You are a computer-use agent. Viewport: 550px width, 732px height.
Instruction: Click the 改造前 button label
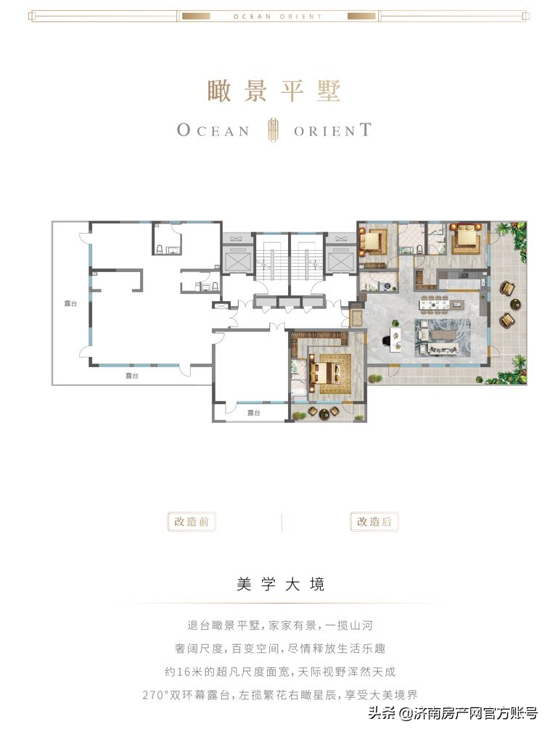coord(191,522)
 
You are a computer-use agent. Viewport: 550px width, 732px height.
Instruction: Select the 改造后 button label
coord(374,522)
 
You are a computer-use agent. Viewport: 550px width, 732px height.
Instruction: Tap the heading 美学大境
coord(280,584)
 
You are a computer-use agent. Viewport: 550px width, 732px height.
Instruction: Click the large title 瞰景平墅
coord(274,91)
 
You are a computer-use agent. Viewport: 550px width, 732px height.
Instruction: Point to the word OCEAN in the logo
coord(213,131)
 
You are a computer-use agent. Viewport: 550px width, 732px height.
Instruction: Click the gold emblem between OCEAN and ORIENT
coord(271,130)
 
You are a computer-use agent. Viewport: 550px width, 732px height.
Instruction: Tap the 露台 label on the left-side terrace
coord(70,304)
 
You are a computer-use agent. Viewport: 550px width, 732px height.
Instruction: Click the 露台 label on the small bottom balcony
coord(253,413)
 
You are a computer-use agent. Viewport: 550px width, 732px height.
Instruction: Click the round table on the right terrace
coord(515,305)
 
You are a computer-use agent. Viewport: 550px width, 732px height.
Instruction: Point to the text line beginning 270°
coord(280,695)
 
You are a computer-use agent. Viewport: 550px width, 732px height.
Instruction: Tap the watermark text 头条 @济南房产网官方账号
coord(453,713)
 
